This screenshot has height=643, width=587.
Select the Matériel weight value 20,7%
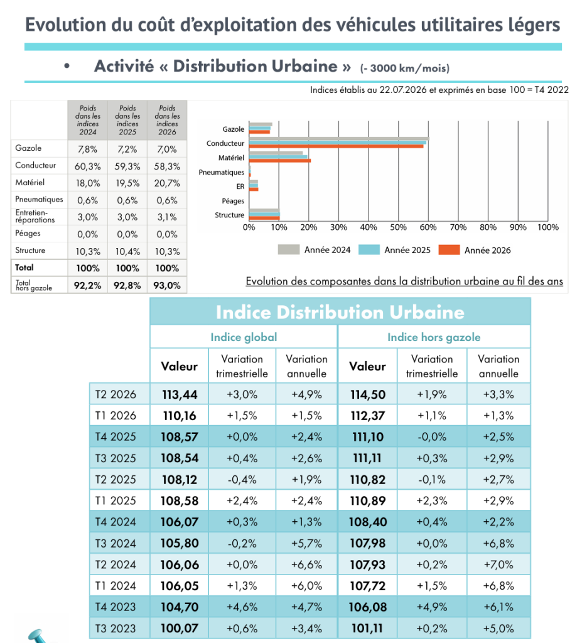(167, 183)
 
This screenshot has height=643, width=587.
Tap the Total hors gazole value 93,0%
(167, 286)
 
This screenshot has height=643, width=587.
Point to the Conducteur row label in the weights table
(35, 165)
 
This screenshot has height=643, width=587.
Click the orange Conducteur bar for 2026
(336, 146)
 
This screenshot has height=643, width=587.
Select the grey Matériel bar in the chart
(276, 153)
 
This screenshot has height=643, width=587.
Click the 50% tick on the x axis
(398, 227)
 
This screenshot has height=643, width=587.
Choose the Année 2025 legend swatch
(369, 250)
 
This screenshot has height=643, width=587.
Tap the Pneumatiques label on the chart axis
(222, 172)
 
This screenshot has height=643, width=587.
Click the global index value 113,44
(180, 394)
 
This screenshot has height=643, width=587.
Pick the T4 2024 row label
(115, 522)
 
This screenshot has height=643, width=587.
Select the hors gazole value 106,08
(368, 607)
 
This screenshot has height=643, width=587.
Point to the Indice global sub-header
(244, 337)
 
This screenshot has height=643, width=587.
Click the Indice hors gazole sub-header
(434, 337)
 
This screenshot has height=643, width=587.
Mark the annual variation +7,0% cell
(498, 565)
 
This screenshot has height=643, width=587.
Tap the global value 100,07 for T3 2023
(180, 628)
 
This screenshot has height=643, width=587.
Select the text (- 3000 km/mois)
(405, 68)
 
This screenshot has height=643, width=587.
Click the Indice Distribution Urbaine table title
(340, 313)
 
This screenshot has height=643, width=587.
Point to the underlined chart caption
(404, 281)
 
